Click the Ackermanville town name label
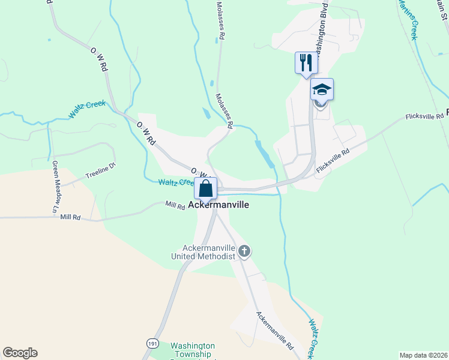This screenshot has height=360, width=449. click(x=218, y=205)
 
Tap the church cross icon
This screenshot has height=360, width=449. click(x=244, y=251)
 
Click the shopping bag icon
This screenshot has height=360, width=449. click(x=205, y=188)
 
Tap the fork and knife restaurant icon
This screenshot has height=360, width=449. click(x=306, y=62)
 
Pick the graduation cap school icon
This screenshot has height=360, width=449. click(x=322, y=89)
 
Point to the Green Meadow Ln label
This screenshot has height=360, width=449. click(x=55, y=188)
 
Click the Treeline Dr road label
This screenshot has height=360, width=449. click(x=100, y=172)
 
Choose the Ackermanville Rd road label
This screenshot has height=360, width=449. click(x=274, y=331)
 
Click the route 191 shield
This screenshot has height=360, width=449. click(x=153, y=343)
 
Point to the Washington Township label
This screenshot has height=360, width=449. click(x=192, y=350)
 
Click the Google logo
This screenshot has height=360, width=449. click(x=20, y=353)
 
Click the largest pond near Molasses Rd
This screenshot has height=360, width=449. click(x=265, y=153)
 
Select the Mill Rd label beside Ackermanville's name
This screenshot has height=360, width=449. click(x=175, y=205)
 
